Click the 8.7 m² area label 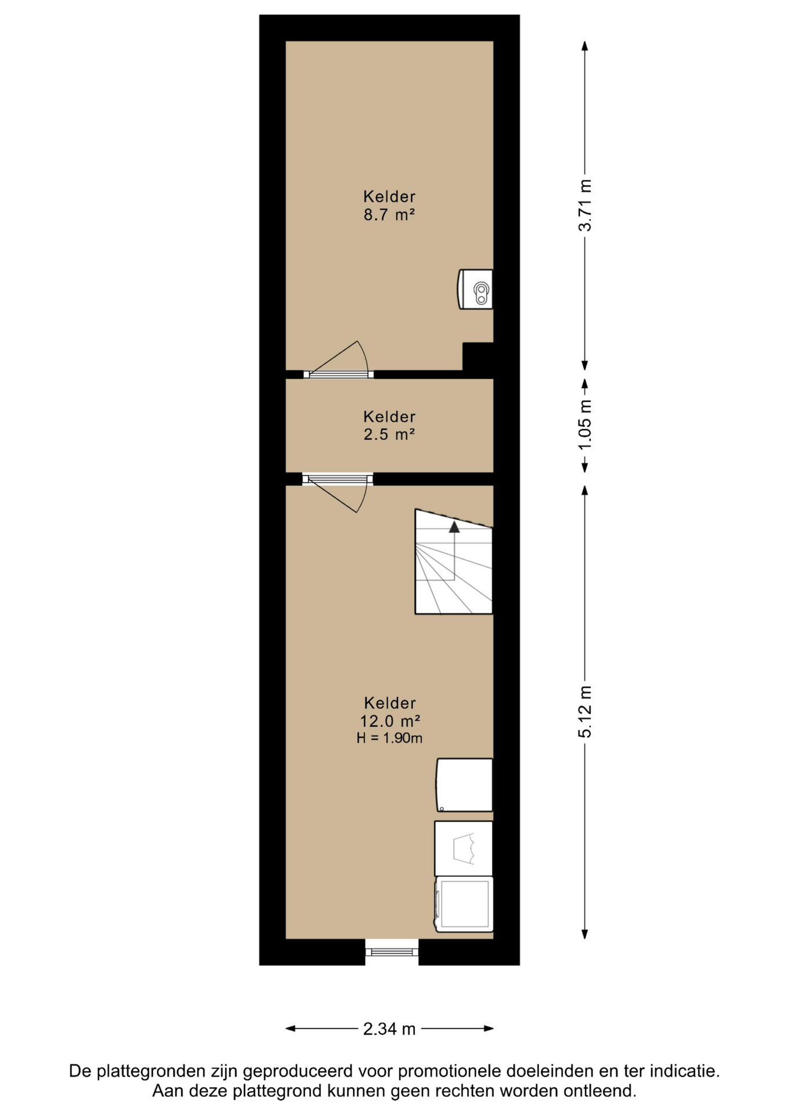[x=389, y=215]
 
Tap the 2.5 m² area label [x=389, y=434]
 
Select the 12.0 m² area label [x=390, y=721]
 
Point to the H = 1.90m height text [x=389, y=738]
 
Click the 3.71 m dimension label [x=585, y=205]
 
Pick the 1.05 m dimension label [x=585, y=424]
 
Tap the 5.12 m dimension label [x=585, y=711]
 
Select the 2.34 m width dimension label [x=389, y=1029]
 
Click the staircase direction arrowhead [x=454, y=527]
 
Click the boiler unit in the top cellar [x=475, y=289]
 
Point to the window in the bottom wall [x=392, y=951]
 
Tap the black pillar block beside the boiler [x=478, y=356]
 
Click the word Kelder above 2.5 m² [x=389, y=416]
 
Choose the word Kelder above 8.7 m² [x=389, y=196]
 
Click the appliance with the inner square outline [x=464, y=904]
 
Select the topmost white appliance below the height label [x=464, y=785]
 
